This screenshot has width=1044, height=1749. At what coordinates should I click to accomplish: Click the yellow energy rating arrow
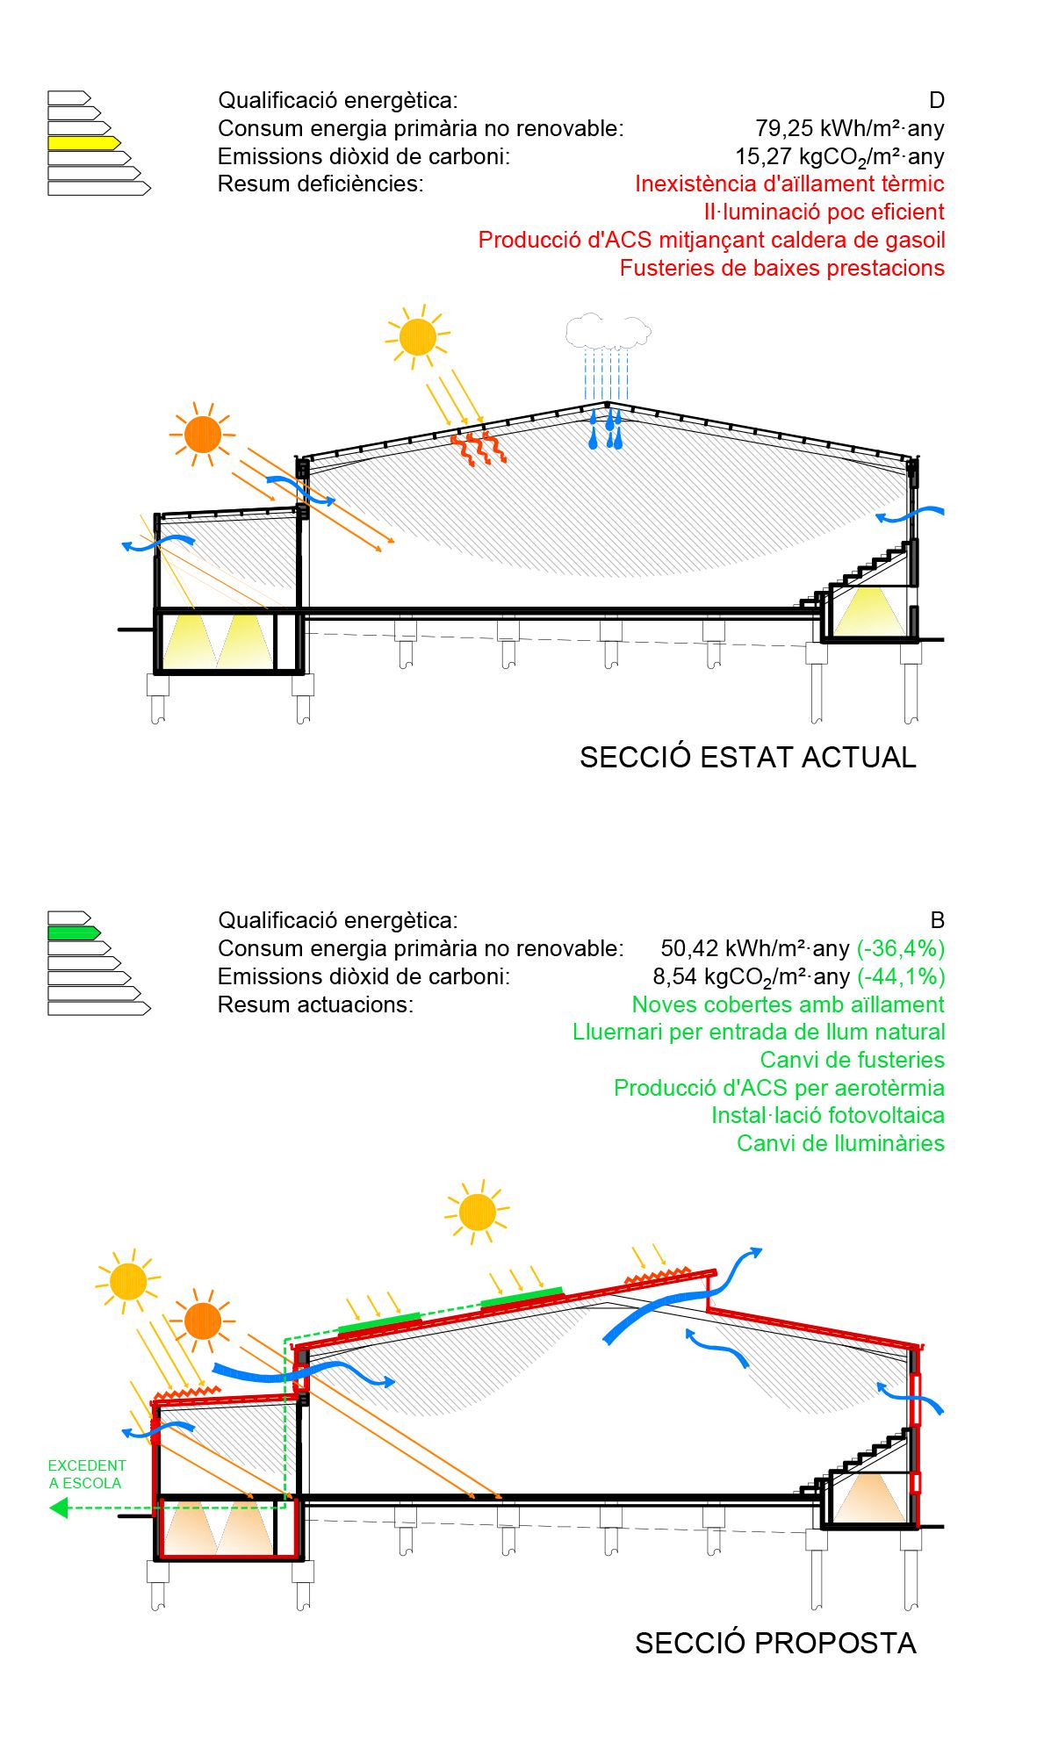click(83, 142)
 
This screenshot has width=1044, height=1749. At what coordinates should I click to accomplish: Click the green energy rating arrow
click(74, 932)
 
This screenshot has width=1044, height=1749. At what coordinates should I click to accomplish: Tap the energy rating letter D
click(936, 101)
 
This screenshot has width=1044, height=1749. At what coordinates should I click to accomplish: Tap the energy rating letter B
click(937, 920)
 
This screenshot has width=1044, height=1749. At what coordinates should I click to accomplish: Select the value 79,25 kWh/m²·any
click(849, 129)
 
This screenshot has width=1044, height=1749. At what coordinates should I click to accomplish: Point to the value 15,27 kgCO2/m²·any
click(839, 157)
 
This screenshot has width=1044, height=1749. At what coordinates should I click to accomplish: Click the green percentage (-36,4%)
click(901, 948)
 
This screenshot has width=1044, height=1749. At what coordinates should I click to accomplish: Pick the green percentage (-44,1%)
click(901, 976)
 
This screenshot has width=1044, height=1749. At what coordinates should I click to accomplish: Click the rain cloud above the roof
click(607, 331)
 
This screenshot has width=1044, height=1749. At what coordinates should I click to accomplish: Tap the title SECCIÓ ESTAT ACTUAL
click(747, 757)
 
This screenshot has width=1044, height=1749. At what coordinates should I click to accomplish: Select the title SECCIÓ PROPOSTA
click(774, 1643)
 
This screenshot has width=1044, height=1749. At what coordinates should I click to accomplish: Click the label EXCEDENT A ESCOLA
click(86, 1474)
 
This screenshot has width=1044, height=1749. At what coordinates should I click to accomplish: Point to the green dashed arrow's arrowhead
click(59, 1508)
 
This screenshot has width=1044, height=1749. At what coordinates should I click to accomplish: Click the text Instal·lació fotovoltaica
click(827, 1115)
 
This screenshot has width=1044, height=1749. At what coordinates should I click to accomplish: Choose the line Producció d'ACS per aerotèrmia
click(779, 1088)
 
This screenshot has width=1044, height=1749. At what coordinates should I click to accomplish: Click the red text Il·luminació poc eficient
click(824, 212)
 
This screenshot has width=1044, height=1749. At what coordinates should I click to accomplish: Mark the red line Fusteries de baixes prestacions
click(781, 268)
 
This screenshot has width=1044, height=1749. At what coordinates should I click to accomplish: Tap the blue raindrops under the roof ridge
click(607, 428)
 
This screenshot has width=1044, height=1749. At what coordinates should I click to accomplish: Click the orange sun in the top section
click(203, 435)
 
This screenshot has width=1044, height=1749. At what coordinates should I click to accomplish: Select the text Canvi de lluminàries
click(840, 1143)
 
